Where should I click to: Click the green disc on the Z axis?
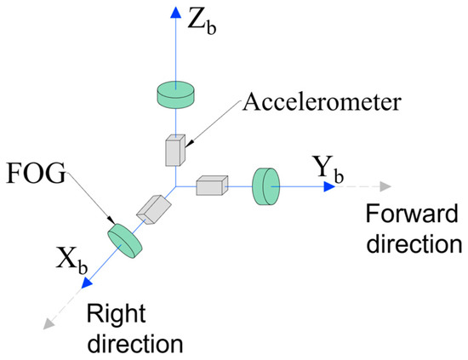click(174, 94)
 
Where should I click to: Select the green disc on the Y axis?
click(266, 186)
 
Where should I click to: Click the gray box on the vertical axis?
click(174, 150)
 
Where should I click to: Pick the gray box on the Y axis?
click(211, 185)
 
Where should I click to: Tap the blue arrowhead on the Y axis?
click(328, 186)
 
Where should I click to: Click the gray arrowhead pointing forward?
click(385, 186)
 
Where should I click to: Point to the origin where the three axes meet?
click(174, 186)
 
